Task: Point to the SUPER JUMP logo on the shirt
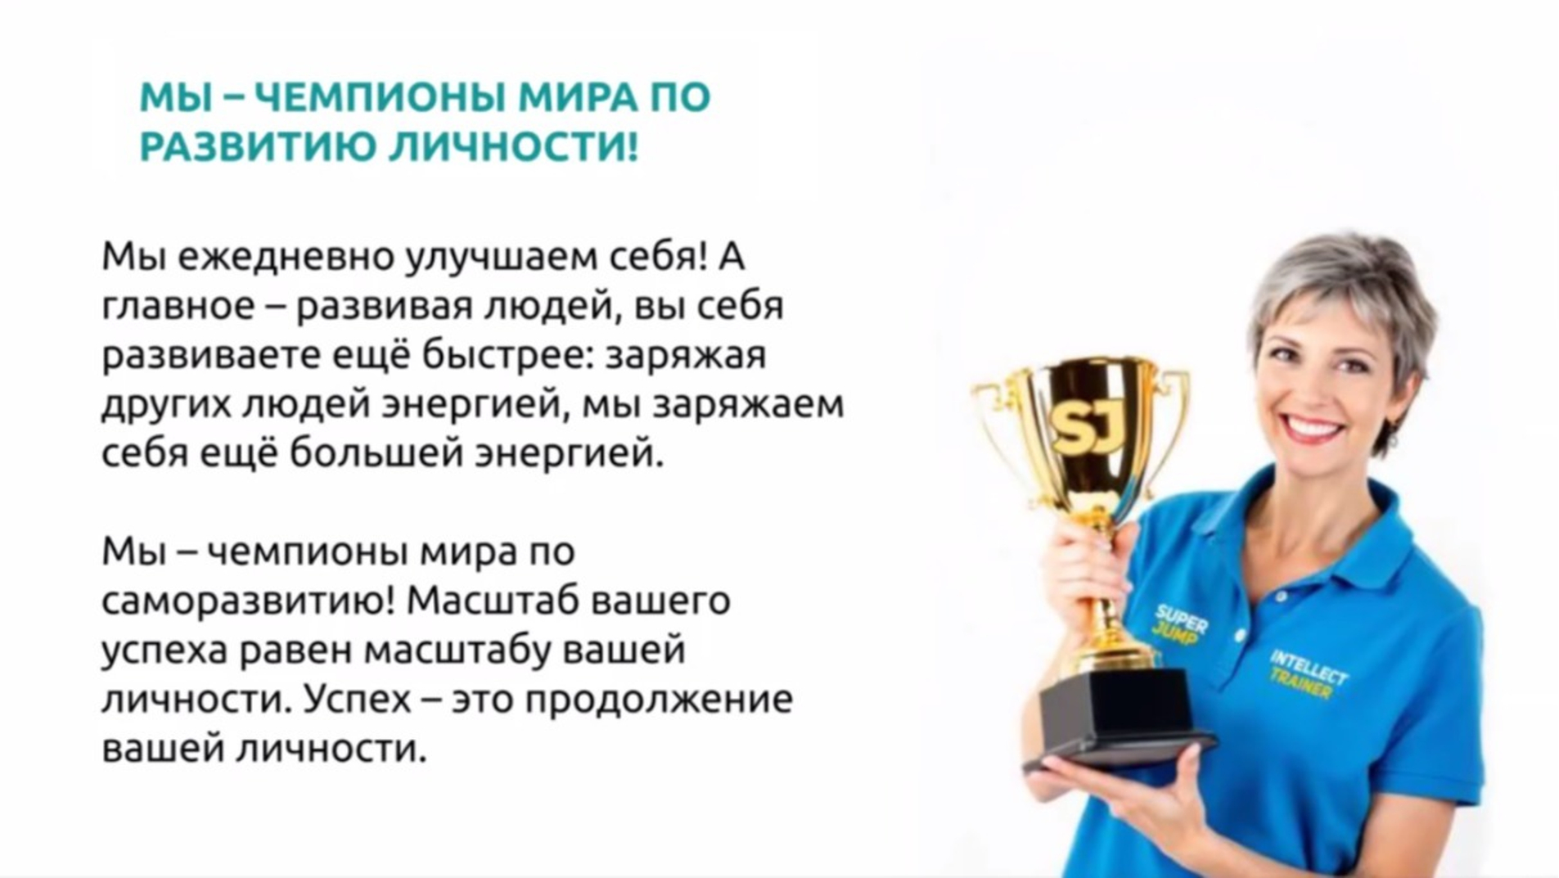[1179, 624]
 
